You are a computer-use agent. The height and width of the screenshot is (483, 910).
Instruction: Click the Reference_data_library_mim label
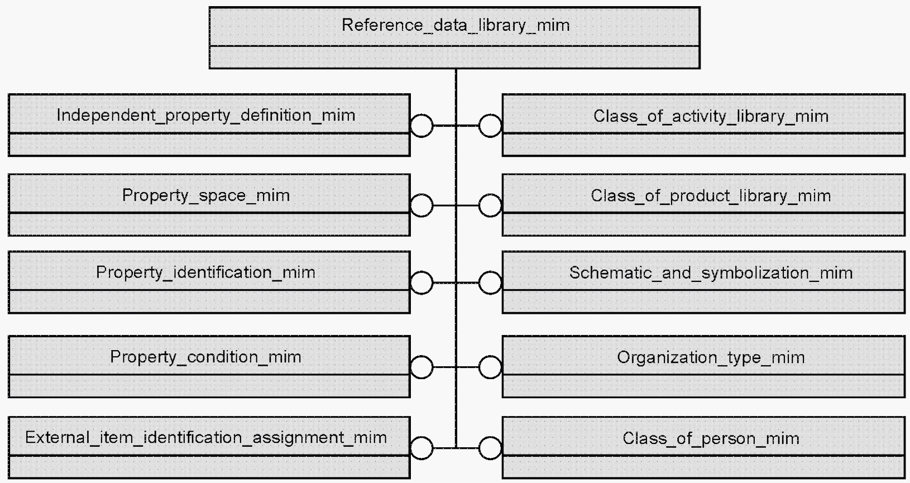coord(456,26)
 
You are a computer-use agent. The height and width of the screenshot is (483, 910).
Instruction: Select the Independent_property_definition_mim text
coord(205,116)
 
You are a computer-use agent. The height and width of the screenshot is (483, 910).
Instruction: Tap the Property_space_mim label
coord(206,196)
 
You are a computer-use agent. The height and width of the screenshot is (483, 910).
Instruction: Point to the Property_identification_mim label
coord(205,272)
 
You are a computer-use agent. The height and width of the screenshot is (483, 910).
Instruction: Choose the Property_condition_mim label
coord(205,357)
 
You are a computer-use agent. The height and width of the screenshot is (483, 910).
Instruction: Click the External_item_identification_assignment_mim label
coord(206,438)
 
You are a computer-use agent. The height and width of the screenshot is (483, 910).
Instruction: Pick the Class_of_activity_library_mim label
coord(711,117)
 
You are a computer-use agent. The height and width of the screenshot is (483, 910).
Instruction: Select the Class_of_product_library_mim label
coord(711,196)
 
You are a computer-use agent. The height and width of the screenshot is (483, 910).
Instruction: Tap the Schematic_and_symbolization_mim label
coord(711,273)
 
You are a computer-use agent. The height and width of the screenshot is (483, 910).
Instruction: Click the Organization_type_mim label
coord(711,358)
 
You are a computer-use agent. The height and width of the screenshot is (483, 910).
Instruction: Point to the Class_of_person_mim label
coord(711,439)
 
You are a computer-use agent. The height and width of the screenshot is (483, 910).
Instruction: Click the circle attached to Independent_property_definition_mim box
coord(422,114)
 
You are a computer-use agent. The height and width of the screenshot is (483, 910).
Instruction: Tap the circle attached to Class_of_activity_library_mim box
coord(490,114)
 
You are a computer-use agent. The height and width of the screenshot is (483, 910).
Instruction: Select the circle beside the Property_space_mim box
coord(422,194)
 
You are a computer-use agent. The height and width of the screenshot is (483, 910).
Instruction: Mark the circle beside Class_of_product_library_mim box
coord(490,194)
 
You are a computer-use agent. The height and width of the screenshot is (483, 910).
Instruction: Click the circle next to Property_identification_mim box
coord(422,271)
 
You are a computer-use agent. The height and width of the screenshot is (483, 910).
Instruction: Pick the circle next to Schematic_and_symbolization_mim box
coord(490,271)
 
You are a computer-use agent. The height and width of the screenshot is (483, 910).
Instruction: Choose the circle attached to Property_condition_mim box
coord(422,356)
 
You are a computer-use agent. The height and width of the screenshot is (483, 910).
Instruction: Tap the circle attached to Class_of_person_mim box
coord(490,437)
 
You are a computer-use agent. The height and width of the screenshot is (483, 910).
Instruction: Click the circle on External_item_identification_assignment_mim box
coord(422,437)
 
